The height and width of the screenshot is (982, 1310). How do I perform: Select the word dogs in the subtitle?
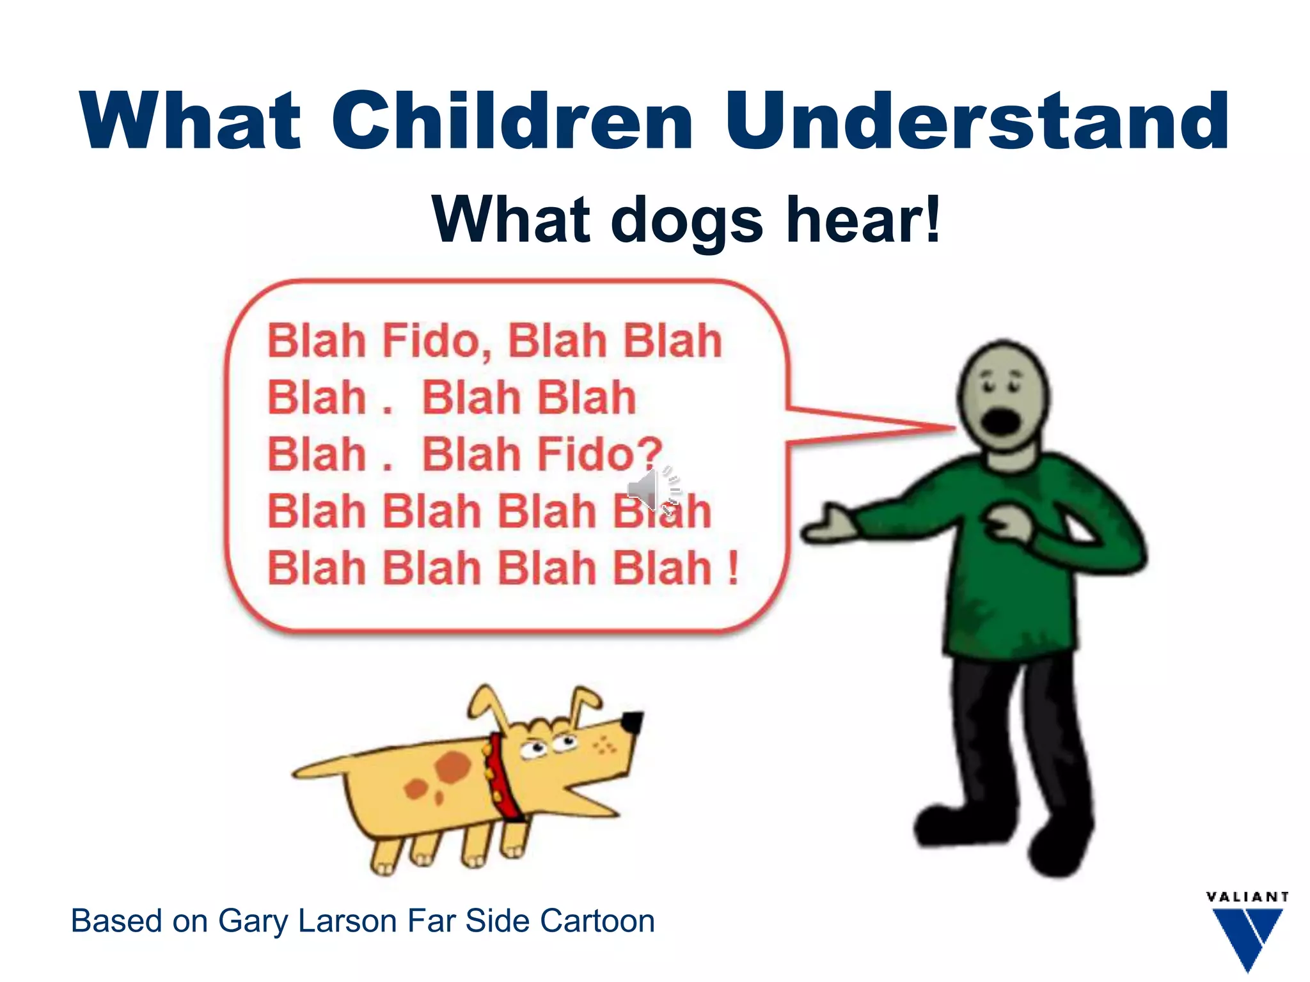pyautogui.click(x=687, y=221)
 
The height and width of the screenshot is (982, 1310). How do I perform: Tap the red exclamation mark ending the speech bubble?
pyautogui.click(x=733, y=568)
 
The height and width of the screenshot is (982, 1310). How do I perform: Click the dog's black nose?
pyautogui.click(x=633, y=723)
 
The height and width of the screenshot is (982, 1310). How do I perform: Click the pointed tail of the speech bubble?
pyautogui.click(x=927, y=428)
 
